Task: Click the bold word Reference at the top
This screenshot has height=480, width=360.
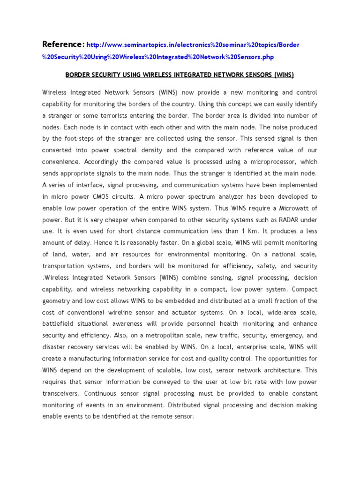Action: click(x=63, y=45)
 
